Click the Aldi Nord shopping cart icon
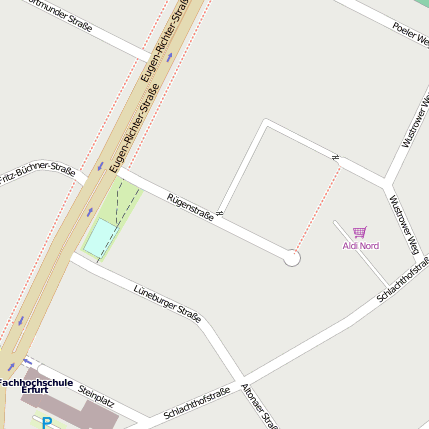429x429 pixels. pyautogui.click(x=360, y=231)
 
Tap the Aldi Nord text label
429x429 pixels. pyautogui.click(x=360, y=245)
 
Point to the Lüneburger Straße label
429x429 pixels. pyautogui.click(x=167, y=303)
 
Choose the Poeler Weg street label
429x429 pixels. pyautogui.click(x=410, y=34)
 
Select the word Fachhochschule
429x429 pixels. pyautogui.click(x=36, y=381)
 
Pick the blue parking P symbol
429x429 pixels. pyautogui.click(x=47, y=423)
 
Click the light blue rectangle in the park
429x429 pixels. pyautogui.click(x=100, y=238)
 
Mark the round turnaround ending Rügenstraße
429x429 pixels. pyautogui.click(x=292, y=258)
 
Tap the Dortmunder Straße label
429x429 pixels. pyautogui.click(x=60, y=14)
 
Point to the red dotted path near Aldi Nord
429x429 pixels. pyautogui.click(x=318, y=205)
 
